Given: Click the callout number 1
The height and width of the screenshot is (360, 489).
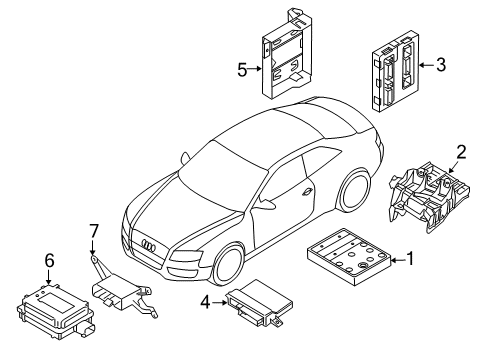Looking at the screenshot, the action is click(x=410, y=259).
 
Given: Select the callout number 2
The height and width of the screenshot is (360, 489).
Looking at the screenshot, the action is click(x=461, y=152).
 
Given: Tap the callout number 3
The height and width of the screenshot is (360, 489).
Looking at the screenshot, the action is click(x=441, y=65).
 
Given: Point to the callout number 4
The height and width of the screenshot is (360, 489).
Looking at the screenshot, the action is click(x=205, y=303).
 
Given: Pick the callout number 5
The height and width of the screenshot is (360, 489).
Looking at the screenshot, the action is click(x=242, y=70).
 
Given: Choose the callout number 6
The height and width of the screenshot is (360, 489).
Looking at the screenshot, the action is click(x=49, y=260).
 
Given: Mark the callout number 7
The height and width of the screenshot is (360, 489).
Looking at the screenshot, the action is click(x=94, y=231).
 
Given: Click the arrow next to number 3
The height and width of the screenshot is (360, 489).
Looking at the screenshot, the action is click(x=426, y=65).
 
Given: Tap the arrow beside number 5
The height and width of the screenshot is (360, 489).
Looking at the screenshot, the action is click(x=255, y=69).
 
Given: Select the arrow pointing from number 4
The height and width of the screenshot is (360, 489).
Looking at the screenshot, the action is click(x=219, y=303).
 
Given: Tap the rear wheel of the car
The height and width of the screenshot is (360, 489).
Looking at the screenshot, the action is click(x=354, y=191).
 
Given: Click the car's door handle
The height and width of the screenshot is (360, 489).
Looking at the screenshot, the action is click(x=306, y=192).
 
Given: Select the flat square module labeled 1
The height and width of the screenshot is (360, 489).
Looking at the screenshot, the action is click(x=349, y=257).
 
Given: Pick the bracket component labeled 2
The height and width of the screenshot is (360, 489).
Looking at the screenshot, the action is click(x=429, y=197).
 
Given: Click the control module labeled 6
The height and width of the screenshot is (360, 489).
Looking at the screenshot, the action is click(x=55, y=311).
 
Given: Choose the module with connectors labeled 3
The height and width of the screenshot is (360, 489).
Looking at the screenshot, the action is click(x=396, y=71).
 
